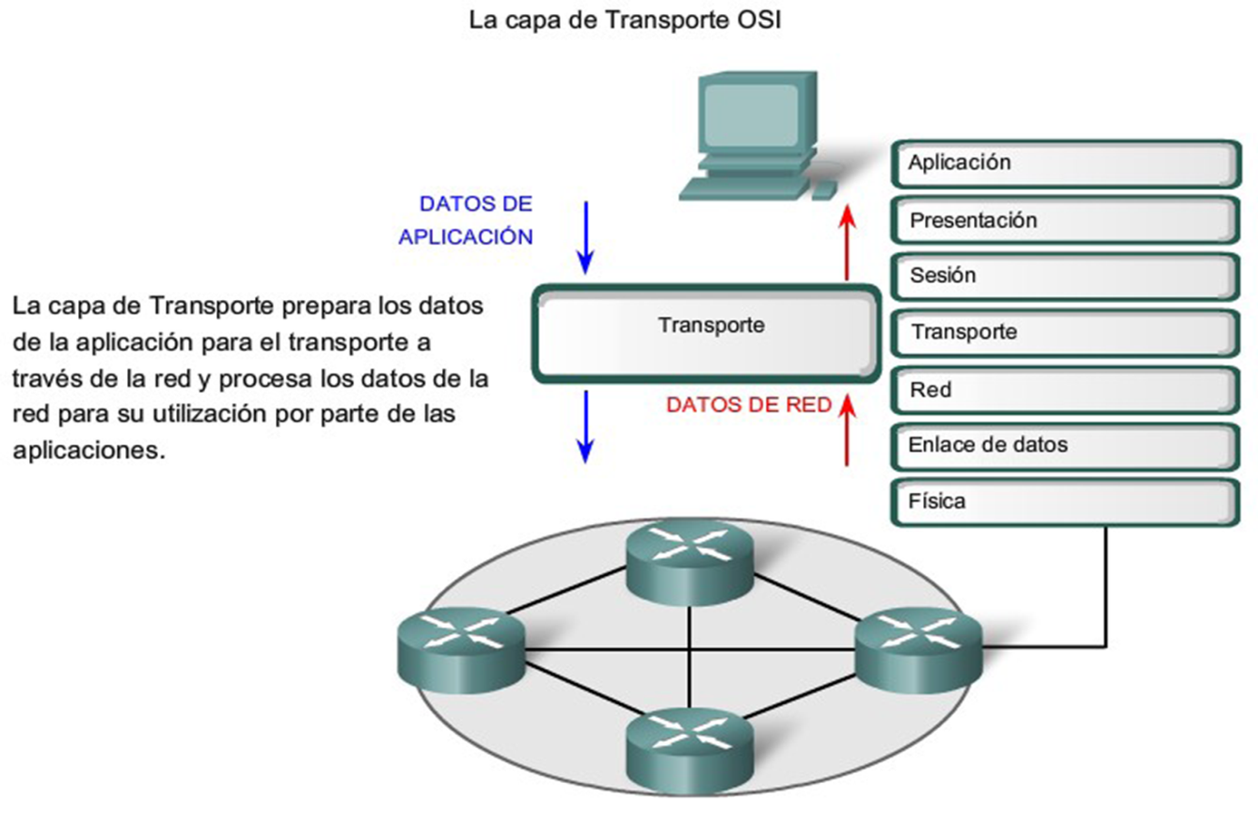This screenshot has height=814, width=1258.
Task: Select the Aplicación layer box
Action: pyautogui.click(x=1064, y=164)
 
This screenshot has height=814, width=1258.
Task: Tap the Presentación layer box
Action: pyautogui.click(x=1064, y=220)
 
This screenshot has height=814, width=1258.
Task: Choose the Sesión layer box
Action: pyautogui.click(x=1064, y=277)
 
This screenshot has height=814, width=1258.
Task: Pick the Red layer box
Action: pyautogui.click(x=1064, y=390)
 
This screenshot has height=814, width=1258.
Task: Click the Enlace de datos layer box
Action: pyautogui.click(x=1064, y=445)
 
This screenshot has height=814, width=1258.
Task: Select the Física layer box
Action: pyautogui.click(x=1064, y=502)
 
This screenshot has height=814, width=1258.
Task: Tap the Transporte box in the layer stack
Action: pyautogui.click(x=1064, y=332)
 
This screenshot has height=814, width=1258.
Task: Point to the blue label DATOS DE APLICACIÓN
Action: pyautogui.click(x=467, y=220)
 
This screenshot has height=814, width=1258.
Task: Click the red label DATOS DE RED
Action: pyautogui.click(x=749, y=406)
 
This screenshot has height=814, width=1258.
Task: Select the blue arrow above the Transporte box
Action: pyautogui.click(x=585, y=236)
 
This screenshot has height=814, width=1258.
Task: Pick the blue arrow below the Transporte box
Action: pyautogui.click(x=585, y=426)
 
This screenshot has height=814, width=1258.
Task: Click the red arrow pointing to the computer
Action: pyautogui.click(x=848, y=243)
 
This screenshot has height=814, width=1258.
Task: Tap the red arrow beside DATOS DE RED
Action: pyautogui.click(x=848, y=430)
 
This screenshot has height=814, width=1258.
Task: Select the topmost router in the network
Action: pyautogui.click(x=691, y=561)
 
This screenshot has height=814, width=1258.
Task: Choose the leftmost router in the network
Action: pyautogui.click(x=460, y=645)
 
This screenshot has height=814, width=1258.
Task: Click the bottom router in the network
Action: pyautogui.click(x=691, y=743)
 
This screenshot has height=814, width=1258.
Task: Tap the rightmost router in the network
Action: pyautogui.click(x=918, y=645)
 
